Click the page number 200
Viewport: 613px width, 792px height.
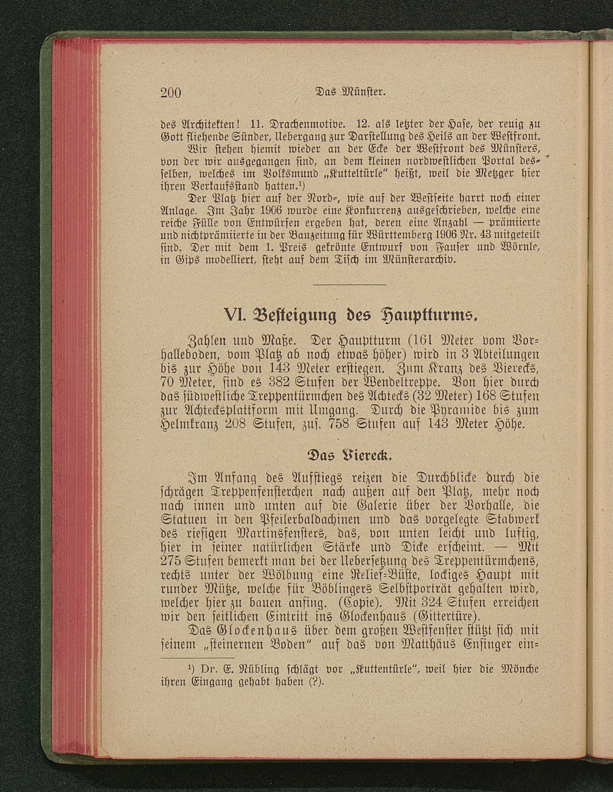coord(170,93)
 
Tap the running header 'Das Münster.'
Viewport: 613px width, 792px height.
coord(350,92)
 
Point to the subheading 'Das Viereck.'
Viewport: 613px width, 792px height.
coord(350,455)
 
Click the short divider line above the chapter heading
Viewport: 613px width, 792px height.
coord(349,284)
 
